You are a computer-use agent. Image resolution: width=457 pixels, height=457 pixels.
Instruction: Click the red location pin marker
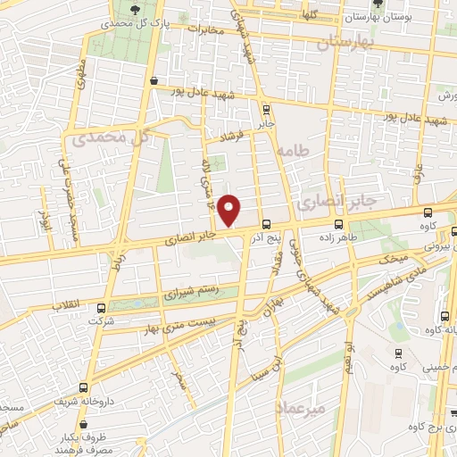[x=229, y=210]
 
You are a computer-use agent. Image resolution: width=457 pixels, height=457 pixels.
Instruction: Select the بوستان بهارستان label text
[x=394, y=17]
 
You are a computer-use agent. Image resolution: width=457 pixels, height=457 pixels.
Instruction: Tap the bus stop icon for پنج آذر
[x=266, y=223]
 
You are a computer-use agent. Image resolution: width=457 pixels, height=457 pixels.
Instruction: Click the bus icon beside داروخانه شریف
[x=84, y=387]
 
